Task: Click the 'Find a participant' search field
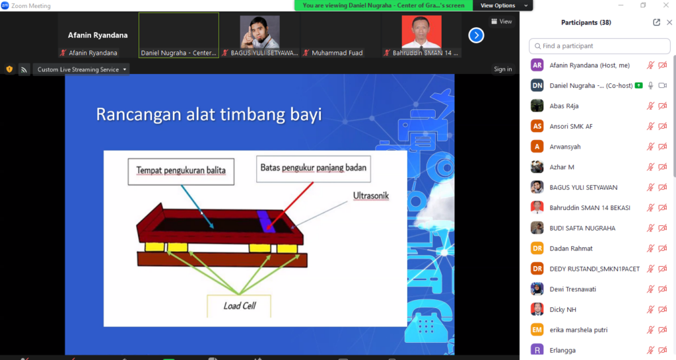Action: click(x=599, y=46)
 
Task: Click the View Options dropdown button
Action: click(x=502, y=5)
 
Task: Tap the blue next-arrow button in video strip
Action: click(x=476, y=36)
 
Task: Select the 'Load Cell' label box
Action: click(x=239, y=306)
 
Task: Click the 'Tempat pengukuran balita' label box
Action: click(x=181, y=172)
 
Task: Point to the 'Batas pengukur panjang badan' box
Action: click(x=314, y=168)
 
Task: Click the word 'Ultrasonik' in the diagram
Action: click(x=371, y=196)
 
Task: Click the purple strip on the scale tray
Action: click(x=265, y=221)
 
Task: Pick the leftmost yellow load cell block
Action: click(x=154, y=246)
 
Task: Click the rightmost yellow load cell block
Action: click(x=287, y=248)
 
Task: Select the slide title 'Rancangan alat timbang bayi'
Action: click(x=209, y=115)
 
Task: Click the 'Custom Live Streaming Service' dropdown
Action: click(x=81, y=69)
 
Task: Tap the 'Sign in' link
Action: click(x=502, y=69)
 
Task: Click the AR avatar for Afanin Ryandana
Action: click(x=537, y=65)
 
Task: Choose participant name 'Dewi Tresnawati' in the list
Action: click(x=572, y=289)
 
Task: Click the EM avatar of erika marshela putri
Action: click(x=537, y=330)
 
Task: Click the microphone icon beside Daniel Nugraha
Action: click(x=650, y=86)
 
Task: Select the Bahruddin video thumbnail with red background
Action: click(x=421, y=32)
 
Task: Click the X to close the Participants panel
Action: click(x=669, y=22)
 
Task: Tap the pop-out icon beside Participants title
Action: click(x=656, y=22)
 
